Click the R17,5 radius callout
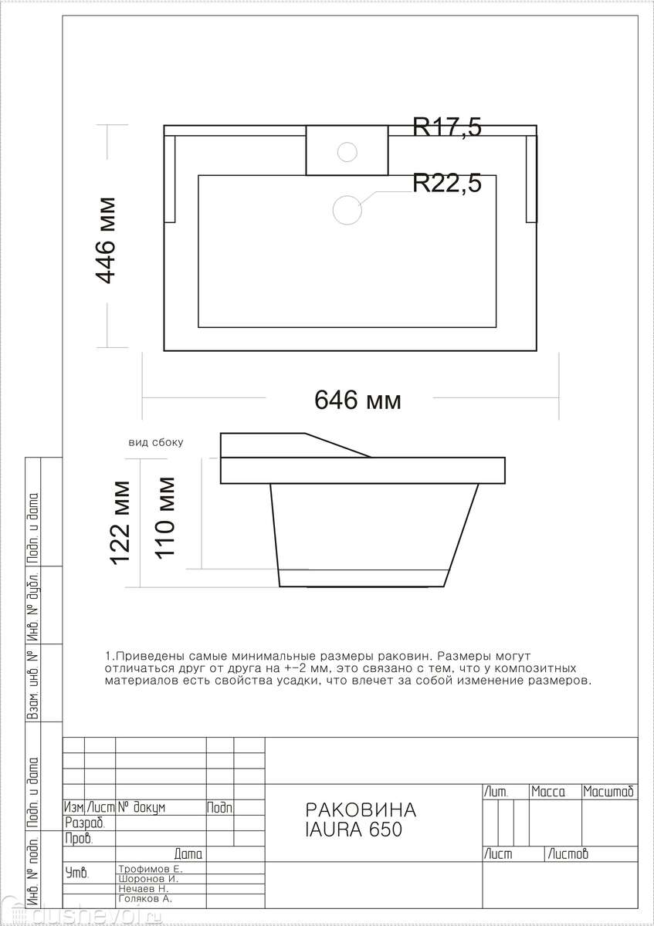point(447,127)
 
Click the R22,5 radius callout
point(447,183)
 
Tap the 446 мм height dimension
point(106,241)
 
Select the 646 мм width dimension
point(357,400)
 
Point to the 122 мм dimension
point(120,523)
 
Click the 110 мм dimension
point(164,519)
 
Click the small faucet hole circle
point(347,152)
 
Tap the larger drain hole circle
point(347,210)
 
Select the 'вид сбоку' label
point(156,443)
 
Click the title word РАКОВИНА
point(361,810)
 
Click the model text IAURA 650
point(354,830)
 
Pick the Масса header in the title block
point(548,792)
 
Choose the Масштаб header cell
point(608,792)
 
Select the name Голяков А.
point(145,898)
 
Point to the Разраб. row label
point(85,823)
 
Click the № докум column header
point(141,807)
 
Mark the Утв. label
point(77,873)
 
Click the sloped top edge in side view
point(337,445)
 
